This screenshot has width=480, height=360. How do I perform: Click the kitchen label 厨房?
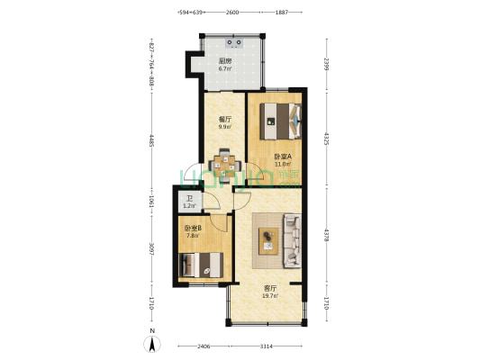225,61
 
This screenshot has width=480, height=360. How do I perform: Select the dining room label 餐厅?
224,119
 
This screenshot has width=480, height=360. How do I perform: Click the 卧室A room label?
282,156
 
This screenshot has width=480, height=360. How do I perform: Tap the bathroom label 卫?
189,199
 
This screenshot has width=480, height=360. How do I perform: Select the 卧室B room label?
194,229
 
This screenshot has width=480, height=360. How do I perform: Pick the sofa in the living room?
293,239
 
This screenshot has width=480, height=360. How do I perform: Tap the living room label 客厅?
269,288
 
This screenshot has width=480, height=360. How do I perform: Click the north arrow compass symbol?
153,341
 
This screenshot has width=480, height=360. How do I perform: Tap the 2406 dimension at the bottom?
205,346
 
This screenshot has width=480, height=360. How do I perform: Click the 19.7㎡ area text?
269,295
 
